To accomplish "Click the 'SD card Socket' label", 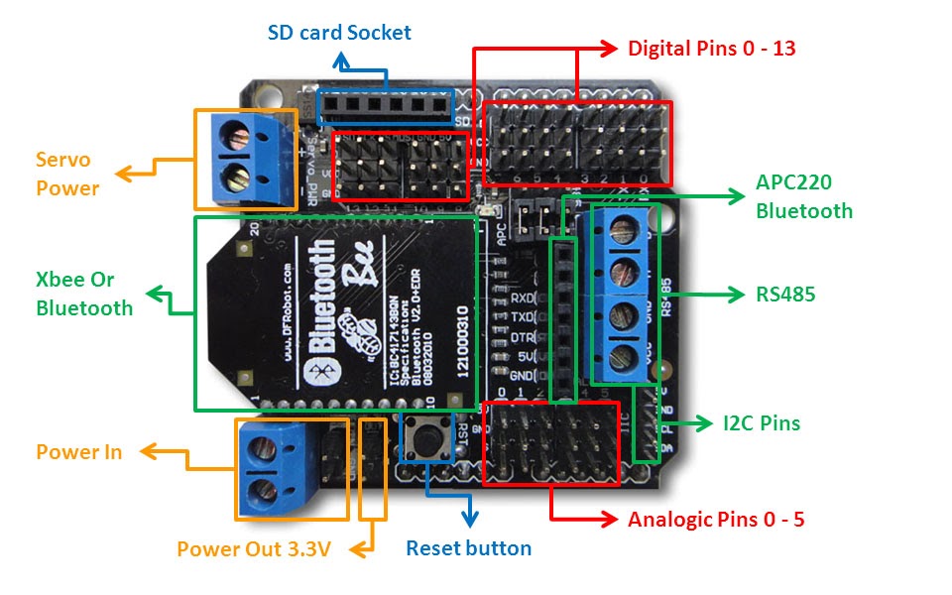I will pyautogui.click(x=339, y=33).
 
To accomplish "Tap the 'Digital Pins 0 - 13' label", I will pyautogui.click(x=711, y=48).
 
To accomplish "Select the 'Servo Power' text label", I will pyautogui.click(x=67, y=174).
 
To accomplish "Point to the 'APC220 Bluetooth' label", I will pyautogui.click(x=803, y=196).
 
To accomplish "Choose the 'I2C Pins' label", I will pyautogui.click(x=761, y=423).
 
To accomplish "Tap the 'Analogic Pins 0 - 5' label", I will pyautogui.click(x=715, y=519).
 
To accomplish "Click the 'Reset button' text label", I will pyautogui.click(x=468, y=547).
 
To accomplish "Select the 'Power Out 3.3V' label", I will pyautogui.click(x=253, y=548).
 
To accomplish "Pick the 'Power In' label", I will pyautogui.click(x=79, y=452).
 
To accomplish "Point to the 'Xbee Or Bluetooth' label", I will pyautogui.click(x=84, y=295).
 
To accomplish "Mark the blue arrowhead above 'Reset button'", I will pyautogui.click(x=470, y=517).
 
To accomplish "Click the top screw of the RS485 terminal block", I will pyautogui.click(x=622, y=232).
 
